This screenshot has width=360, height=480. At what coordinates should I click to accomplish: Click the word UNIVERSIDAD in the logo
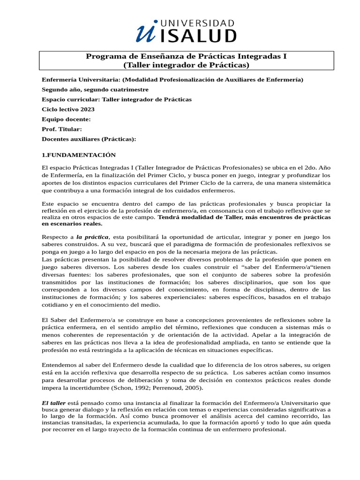click(197, 22)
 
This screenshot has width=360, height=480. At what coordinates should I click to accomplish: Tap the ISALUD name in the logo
click(198, 36)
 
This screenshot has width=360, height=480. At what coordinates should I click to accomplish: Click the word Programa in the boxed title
click(104, 56)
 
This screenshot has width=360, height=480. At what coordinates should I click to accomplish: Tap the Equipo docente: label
click(66, 119)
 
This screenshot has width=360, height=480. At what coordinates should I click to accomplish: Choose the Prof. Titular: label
click(62, 129)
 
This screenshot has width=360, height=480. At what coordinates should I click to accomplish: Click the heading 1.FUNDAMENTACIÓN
click(79, 155)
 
